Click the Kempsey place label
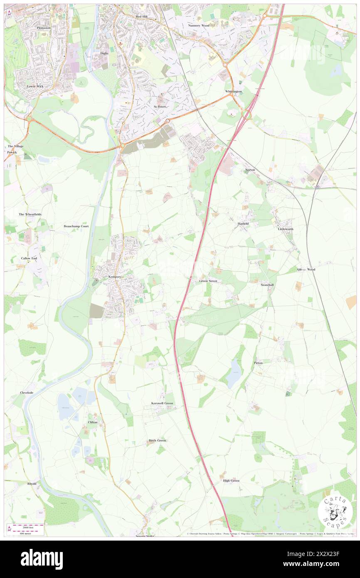click(x=115, y=277)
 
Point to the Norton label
click(x=250, y=170)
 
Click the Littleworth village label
click(x=286, y=229)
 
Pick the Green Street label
click(x=208, y=281)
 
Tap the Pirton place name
click(x=258, y=363)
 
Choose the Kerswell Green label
click(x=162, y=403)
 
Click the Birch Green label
click(x=158, y=440)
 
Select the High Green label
click(x=231, y=481)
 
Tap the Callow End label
click(x=29, y=258)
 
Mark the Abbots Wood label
click(x=306, y=269)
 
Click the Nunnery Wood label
click(x=199, y=25)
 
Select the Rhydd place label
click(x=32, y=484)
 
